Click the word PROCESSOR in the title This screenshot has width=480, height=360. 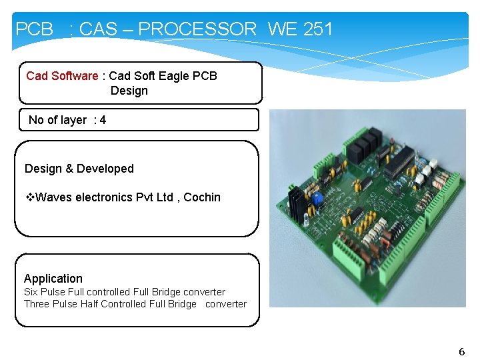[197, 29]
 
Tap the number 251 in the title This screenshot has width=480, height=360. [317, 29]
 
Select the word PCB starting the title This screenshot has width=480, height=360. [34, 29]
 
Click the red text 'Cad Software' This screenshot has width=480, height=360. [61, 76]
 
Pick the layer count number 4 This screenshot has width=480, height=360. [103, 120]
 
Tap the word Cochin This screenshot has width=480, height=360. [202, 197]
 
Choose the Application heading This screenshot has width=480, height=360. [53, 279]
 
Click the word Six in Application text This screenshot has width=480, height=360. [31, 292]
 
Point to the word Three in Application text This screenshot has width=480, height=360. [37, 304]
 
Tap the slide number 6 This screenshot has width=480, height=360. [461, 351]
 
